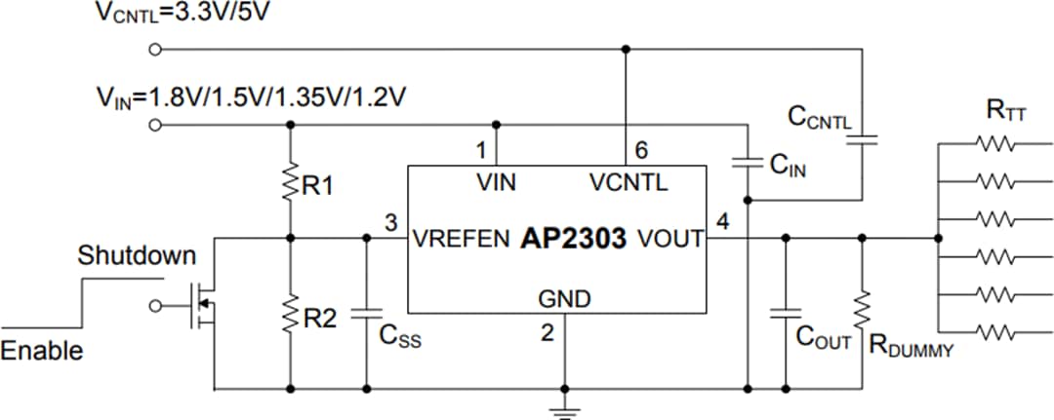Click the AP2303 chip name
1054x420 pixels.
(573, 239)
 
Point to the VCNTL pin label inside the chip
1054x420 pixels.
(628, 182)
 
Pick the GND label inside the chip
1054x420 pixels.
(564, 300)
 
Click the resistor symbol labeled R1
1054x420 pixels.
(290, 183)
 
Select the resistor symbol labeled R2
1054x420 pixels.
(290, 314)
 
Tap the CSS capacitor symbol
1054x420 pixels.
(368, 314)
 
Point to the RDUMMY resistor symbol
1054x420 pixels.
(863, 310)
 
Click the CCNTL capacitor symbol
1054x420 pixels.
(863, 140)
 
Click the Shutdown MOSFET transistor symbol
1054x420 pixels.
(199, 307)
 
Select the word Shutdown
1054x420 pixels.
(137, 257)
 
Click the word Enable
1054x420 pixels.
(41, 351)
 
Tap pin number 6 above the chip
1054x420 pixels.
(640, 151)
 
